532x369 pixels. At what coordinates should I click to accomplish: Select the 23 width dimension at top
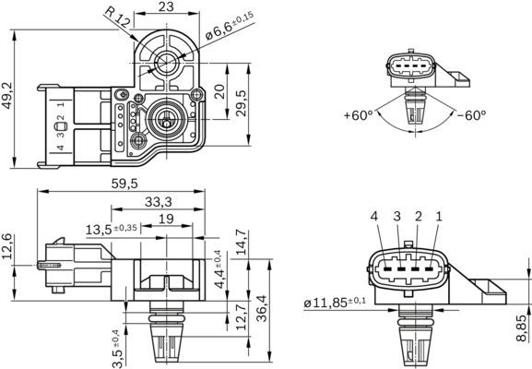pyautogui.click(x=166, y=7)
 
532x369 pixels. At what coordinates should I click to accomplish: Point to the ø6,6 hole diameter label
pyautogui.click(x=228, y=27)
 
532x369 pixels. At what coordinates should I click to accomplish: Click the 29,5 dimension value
pyautogui.click(x=242, y=99)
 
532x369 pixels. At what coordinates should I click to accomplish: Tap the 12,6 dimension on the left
pyautogui.click(x=8, y=247)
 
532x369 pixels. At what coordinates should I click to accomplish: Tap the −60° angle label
pyautogui.click(x=470, y=116)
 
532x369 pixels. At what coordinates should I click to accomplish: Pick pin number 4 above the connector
pyautogui.click(x=374, y=216)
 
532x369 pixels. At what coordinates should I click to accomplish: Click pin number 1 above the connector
pyautogui.click(x=439, y=216)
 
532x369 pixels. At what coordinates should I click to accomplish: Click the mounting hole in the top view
pyautogui.click(x=167, y=63)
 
